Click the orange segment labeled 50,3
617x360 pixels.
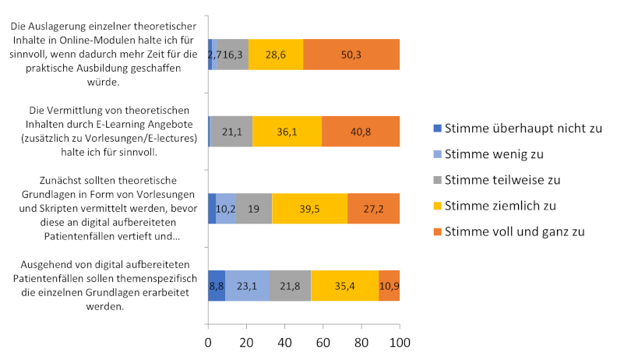coord(351,55)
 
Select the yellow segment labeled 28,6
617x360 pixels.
coord(276,55)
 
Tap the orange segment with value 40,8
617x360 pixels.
coord(361,132)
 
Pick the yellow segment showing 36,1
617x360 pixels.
coord(287,132)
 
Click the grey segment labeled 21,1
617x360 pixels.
coord(231,132)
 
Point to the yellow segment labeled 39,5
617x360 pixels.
coord(309,209)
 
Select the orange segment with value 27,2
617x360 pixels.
coord(373,209)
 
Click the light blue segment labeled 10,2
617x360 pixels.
coord(226,209)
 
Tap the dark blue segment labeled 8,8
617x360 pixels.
coord(217,285)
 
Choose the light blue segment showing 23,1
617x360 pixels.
coord(247,285)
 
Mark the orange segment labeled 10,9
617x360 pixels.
coord(389,285)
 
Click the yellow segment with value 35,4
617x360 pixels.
coord(344,285)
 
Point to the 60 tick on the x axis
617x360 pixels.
coord(323,344)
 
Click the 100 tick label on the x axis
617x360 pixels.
coord(400,344)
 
